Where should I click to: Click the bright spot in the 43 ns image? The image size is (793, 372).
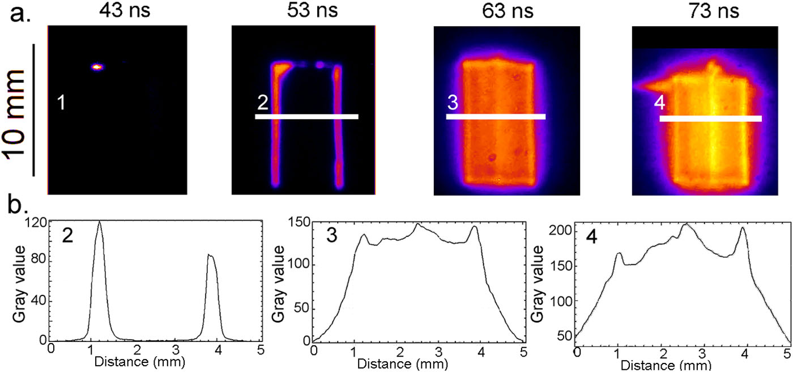coord(97,67)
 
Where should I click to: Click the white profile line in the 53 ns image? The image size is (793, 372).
coord(306,117)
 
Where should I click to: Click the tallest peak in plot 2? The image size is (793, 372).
coord(100,222)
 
